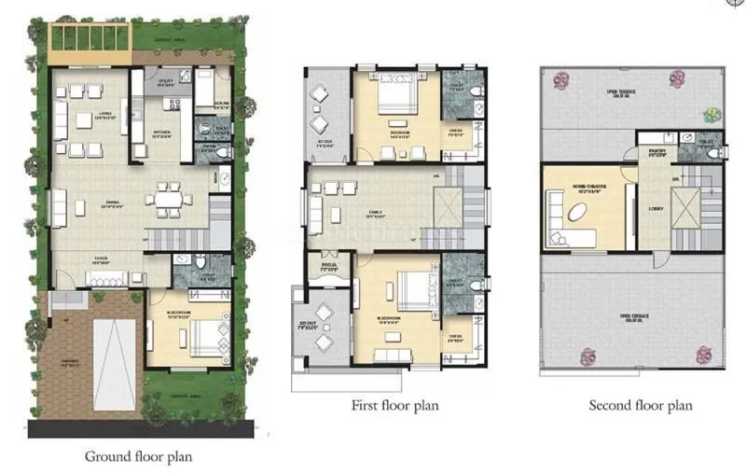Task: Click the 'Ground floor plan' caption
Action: pyautogui.click(x=139, y=456)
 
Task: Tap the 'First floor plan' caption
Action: pyautogui.click(x=394, y=406)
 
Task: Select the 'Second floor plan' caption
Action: pyautogui.click(x=641, y=406)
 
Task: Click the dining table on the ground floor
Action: pyautogui.click(x=169, y=201)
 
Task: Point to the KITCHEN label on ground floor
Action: pyautogui.click(x=159, y=133)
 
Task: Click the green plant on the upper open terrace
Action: pyautogui.click(x=712, y=115)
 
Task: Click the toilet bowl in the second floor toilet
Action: pyautogui.click(x=713, y=151)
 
